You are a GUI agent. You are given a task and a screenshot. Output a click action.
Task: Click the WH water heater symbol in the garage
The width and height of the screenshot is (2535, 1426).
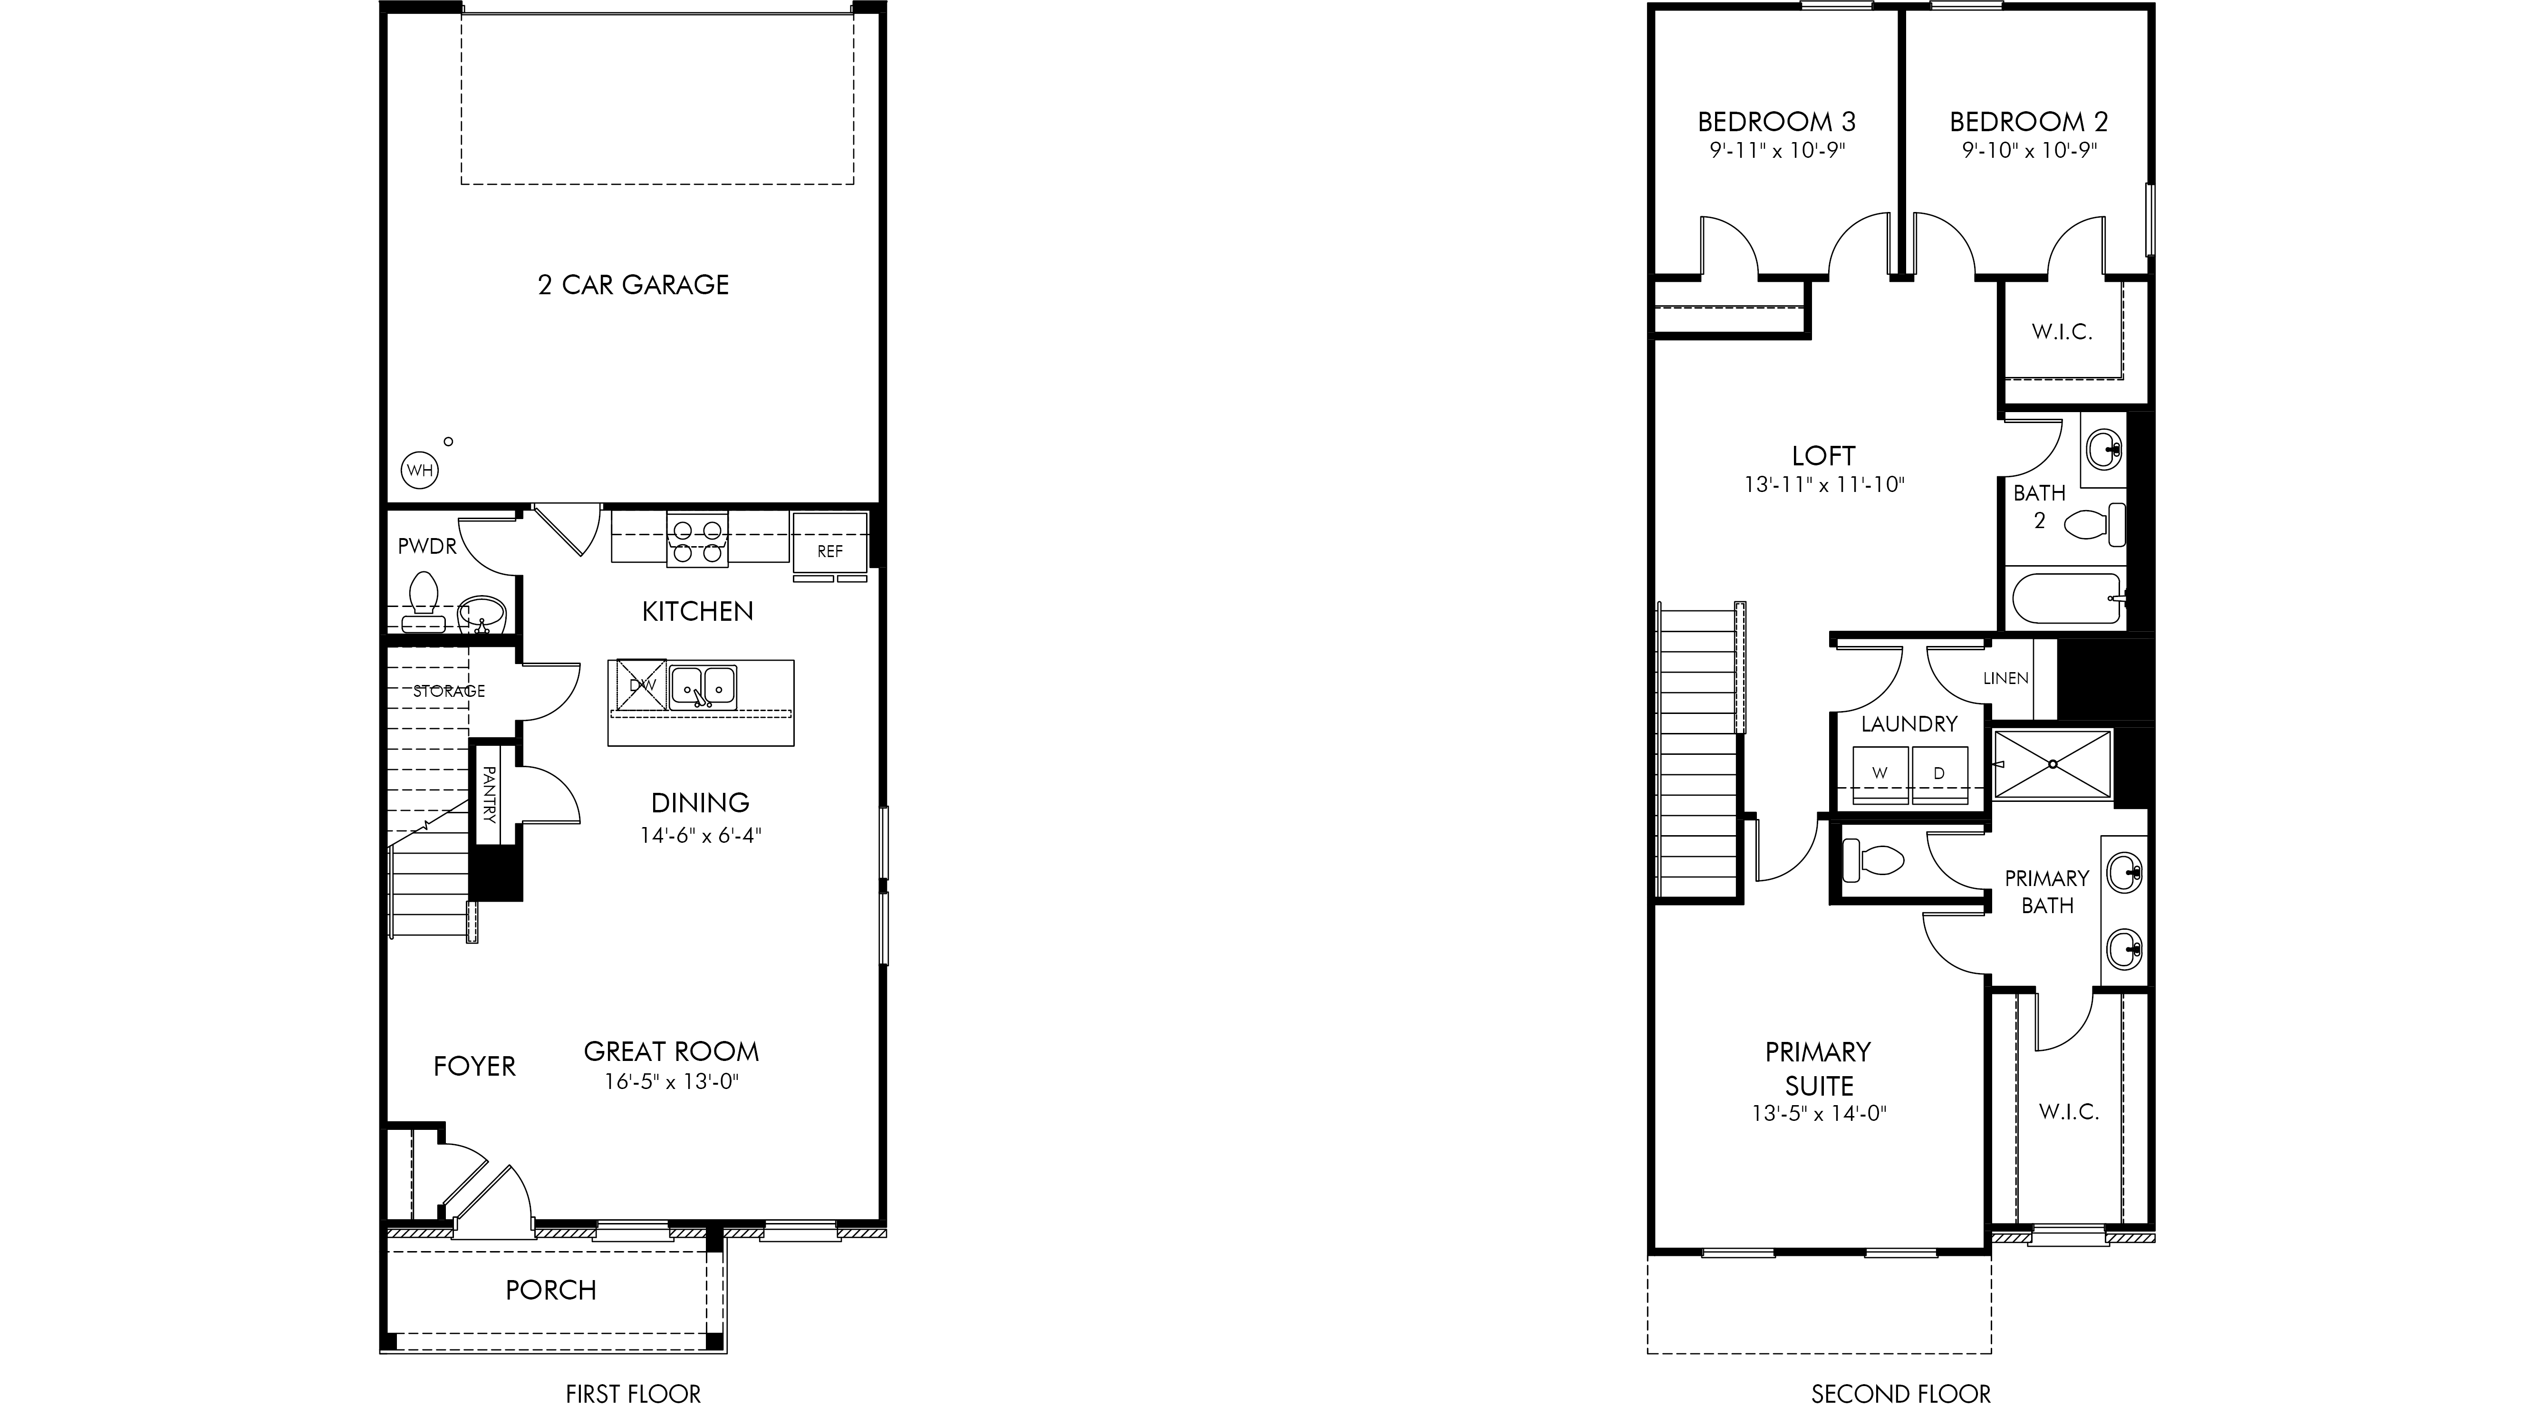[x=420, y=471]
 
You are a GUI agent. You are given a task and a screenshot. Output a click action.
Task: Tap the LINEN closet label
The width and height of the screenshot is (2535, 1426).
[x=2005, y=678]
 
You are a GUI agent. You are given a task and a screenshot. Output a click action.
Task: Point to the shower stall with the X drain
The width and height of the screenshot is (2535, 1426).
[x=2053, y=765]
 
